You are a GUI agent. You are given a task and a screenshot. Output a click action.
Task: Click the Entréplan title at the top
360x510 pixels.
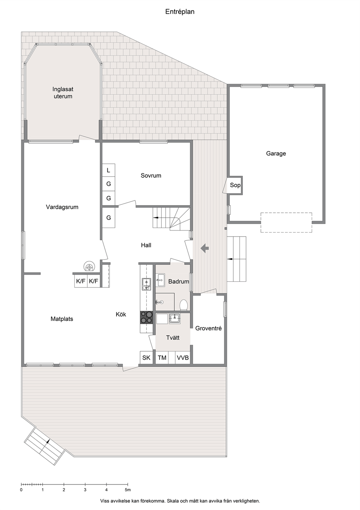pyautogui.click(x=180, y=12)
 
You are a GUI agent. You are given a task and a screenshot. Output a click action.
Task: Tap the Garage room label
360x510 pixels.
pyautogui.click(x=276, y=154)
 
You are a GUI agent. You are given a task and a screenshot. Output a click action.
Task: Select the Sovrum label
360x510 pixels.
pyautogui.click(x=151, y=176)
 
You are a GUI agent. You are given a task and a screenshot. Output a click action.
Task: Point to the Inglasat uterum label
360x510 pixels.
pyautogui.click(x=63, y=93)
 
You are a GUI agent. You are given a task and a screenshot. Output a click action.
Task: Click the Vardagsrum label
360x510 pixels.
pyautogui.click(x=62, y=207)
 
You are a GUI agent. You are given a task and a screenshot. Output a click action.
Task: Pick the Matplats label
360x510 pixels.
pyautogui.click(x=62, y=319)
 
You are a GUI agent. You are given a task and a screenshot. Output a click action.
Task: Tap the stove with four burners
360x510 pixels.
pyautogui.click(x=146, y=317)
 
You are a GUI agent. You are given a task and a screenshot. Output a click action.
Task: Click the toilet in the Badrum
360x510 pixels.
pyautogui.click(x=184, y=305)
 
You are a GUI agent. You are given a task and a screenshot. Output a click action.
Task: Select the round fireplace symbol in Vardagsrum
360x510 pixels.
pyautogui.click(x=90, y=266)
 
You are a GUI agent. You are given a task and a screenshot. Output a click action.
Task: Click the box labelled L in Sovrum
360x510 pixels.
pyautogui.click(x=109, y=170)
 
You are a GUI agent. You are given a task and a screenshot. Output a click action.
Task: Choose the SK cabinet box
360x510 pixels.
pyautogui.click(x=146, y=358)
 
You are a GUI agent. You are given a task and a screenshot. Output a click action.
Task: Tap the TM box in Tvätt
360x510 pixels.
pyautogui.click(x=162, y=358)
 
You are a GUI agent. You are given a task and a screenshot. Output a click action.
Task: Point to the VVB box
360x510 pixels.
pyautogui.click(x=183, y=358)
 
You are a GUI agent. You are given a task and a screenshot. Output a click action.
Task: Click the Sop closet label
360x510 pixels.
pyautogui.click(x=235, y=185)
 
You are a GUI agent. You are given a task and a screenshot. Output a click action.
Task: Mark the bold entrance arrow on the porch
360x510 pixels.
pyautogui.click(x=205, y=248)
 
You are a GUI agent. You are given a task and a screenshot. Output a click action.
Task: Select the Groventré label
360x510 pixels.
pyautogui.click(x=208, y=328)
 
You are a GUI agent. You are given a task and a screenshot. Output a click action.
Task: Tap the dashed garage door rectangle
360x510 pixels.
pyautogui.click(x=286, y=223)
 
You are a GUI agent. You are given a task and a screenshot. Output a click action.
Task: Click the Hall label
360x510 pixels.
pyautogui.click(x=146, y=245)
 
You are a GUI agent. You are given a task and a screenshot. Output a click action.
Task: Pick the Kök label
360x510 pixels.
pyautogui.click(x=121, y=314)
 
